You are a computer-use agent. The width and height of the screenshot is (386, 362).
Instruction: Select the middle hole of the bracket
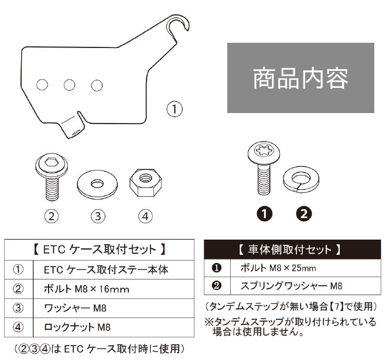pyautogui.click(x=70, y=85)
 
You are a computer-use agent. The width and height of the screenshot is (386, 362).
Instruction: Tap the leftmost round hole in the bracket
pyautogui.click(x=42, y=85)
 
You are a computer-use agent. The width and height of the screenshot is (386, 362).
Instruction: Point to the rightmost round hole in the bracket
pyautogui.click(x=97, y=86)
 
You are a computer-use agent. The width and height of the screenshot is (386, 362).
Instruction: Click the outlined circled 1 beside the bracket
pyautogui.click(x=175, y=109)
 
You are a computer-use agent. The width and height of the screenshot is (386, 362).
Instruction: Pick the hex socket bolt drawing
pyautogui.click(x=52, y=177)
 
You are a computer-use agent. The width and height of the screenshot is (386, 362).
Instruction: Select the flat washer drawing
pyautogui.click(x=97, y=184)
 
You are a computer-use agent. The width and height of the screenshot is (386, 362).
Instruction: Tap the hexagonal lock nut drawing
pyautogui.click(x=145, y=182)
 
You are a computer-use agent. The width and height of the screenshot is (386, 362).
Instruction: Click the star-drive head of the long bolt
pyautogui.click(x=264, y=151)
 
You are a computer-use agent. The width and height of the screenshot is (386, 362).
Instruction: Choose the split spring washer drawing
pyautogui.click(x=301, y=179)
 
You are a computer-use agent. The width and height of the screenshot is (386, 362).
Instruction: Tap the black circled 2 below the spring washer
pyautogui.click(x=304, y=214)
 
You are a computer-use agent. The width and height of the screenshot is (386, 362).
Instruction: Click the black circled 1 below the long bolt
pyautogui.click(x=265, y=214)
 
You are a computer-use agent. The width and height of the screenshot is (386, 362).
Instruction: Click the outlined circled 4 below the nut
pyautogui.click(x=145, y=217)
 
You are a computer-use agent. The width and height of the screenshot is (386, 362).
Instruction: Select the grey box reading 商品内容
pyautogui.click(x=300, y=78)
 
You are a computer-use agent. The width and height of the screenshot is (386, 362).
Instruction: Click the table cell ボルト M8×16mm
pyautogui.click(x=114, y=289)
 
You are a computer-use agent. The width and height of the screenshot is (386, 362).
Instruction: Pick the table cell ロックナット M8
pyautogui.click(x=114, y=327)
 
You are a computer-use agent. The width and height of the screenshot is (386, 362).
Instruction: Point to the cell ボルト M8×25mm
pyautogui.click(x=306, y=268)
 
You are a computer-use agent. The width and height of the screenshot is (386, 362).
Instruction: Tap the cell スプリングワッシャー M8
pyautogui.click(x=306, y=286)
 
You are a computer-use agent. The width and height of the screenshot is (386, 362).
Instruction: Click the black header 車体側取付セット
pyautogui.click(x=292, y=250)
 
